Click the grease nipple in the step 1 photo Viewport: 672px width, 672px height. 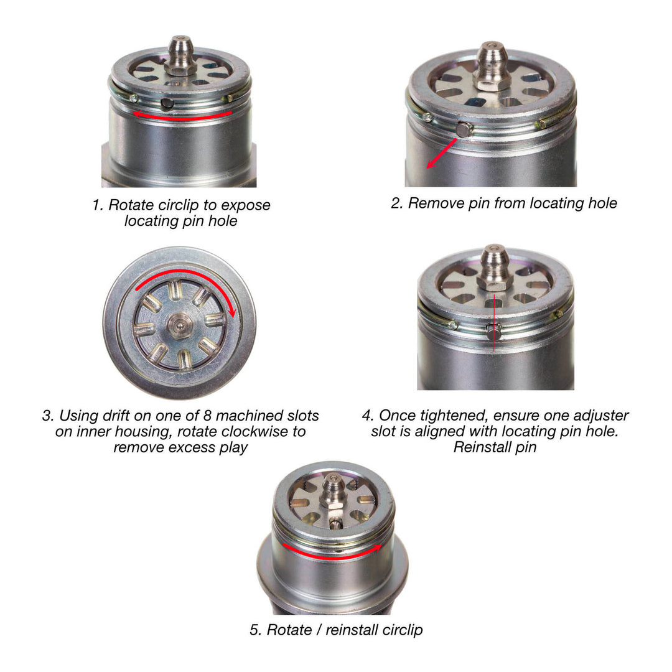(181, 55)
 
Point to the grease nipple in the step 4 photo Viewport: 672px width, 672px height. (495, 266)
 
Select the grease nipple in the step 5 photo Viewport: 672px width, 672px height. (335, 491)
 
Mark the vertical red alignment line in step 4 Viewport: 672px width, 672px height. (494, 324)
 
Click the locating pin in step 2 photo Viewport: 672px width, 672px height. (464, 129)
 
